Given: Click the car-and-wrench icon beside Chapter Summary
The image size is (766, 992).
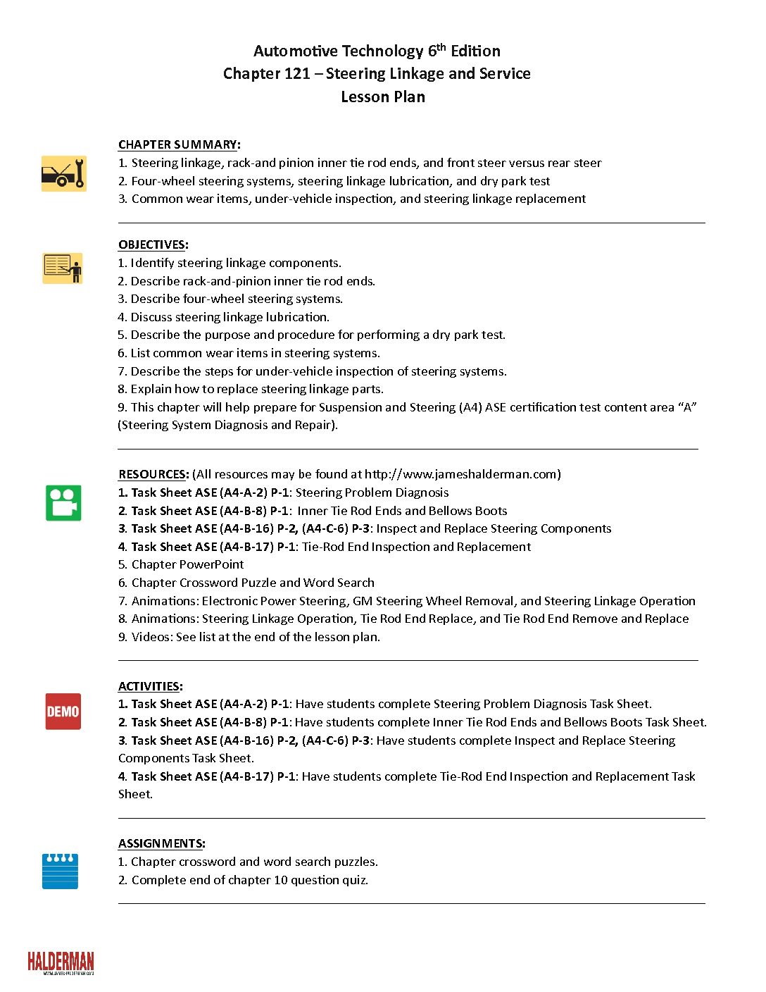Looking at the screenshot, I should click(63, 173).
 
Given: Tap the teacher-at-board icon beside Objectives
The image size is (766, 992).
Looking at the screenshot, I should click(62, 268).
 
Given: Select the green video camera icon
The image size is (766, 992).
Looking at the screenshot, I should click(63, 503).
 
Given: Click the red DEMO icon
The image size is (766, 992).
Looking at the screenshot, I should click(63, 711).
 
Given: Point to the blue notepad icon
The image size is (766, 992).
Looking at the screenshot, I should click(60, 871).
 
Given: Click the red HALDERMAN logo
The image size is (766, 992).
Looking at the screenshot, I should click(61, 962).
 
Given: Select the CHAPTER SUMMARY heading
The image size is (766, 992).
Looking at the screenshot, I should click(177, 144).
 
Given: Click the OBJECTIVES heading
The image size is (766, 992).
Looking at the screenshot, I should click(151, 244).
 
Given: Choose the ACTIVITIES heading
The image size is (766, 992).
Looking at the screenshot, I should click(149, 686).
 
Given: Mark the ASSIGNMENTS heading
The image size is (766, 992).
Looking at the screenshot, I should click(161, 843).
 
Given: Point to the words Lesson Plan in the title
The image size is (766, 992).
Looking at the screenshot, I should click(383, 97).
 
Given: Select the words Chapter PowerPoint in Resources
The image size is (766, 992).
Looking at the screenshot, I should click(187, 564).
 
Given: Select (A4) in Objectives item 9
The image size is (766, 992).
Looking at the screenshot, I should click(470, 407).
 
